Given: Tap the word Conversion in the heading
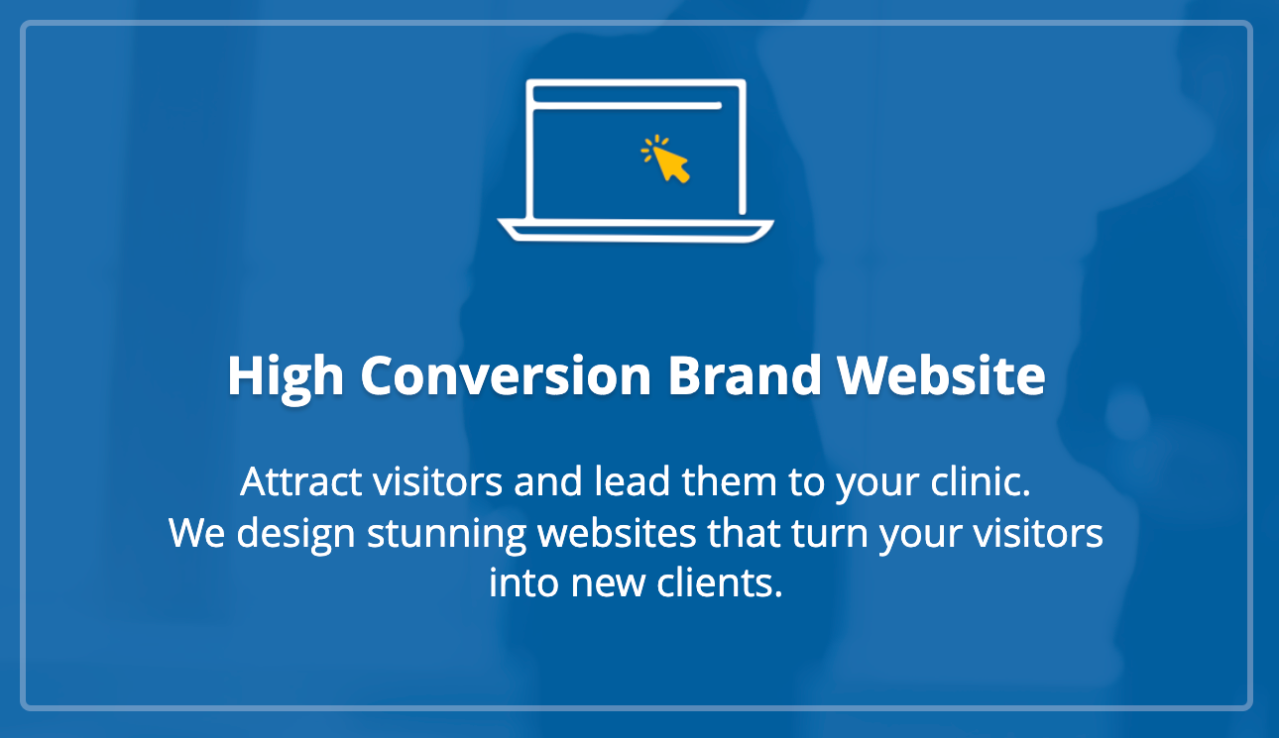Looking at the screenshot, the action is pos(506,375).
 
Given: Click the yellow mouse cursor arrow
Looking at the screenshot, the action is pos(671,164).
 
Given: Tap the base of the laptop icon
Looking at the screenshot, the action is pos(636,231).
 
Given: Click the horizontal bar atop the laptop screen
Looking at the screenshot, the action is pos(627,105).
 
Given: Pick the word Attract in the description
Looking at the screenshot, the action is pos(300,481).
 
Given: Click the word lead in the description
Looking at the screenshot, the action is pos(633,480).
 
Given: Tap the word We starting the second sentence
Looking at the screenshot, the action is pos(197,533).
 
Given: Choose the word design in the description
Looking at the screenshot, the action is pos(295,534).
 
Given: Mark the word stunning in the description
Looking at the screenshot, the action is pos(446,534).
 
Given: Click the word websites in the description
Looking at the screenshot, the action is pos(617,532).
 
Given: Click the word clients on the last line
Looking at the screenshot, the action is pos(720,582).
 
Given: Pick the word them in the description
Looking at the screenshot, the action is pos(729,480).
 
